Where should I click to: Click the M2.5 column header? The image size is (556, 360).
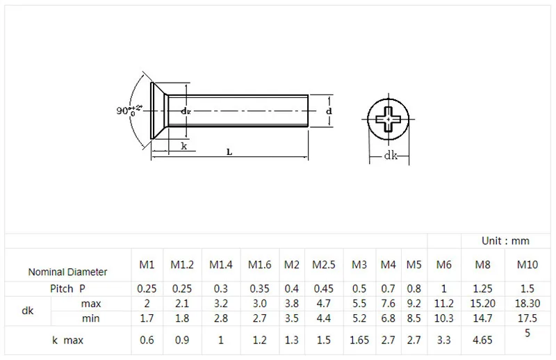[x=323, y=265]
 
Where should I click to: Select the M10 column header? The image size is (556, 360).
[x=528, y=265]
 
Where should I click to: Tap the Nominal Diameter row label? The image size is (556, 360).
[x=67, y=272]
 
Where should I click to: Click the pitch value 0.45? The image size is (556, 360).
[x=323, y=288]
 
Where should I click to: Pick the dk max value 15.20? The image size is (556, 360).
[x=482, y=304]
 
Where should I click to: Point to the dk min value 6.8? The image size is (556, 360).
[x=389, y=318]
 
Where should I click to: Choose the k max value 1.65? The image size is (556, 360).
[x=359, y=340]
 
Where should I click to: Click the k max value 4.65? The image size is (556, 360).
[x=482, y=340]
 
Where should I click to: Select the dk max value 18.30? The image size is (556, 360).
[x=528, y=304]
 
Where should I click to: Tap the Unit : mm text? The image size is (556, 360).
[x=505, y=241]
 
